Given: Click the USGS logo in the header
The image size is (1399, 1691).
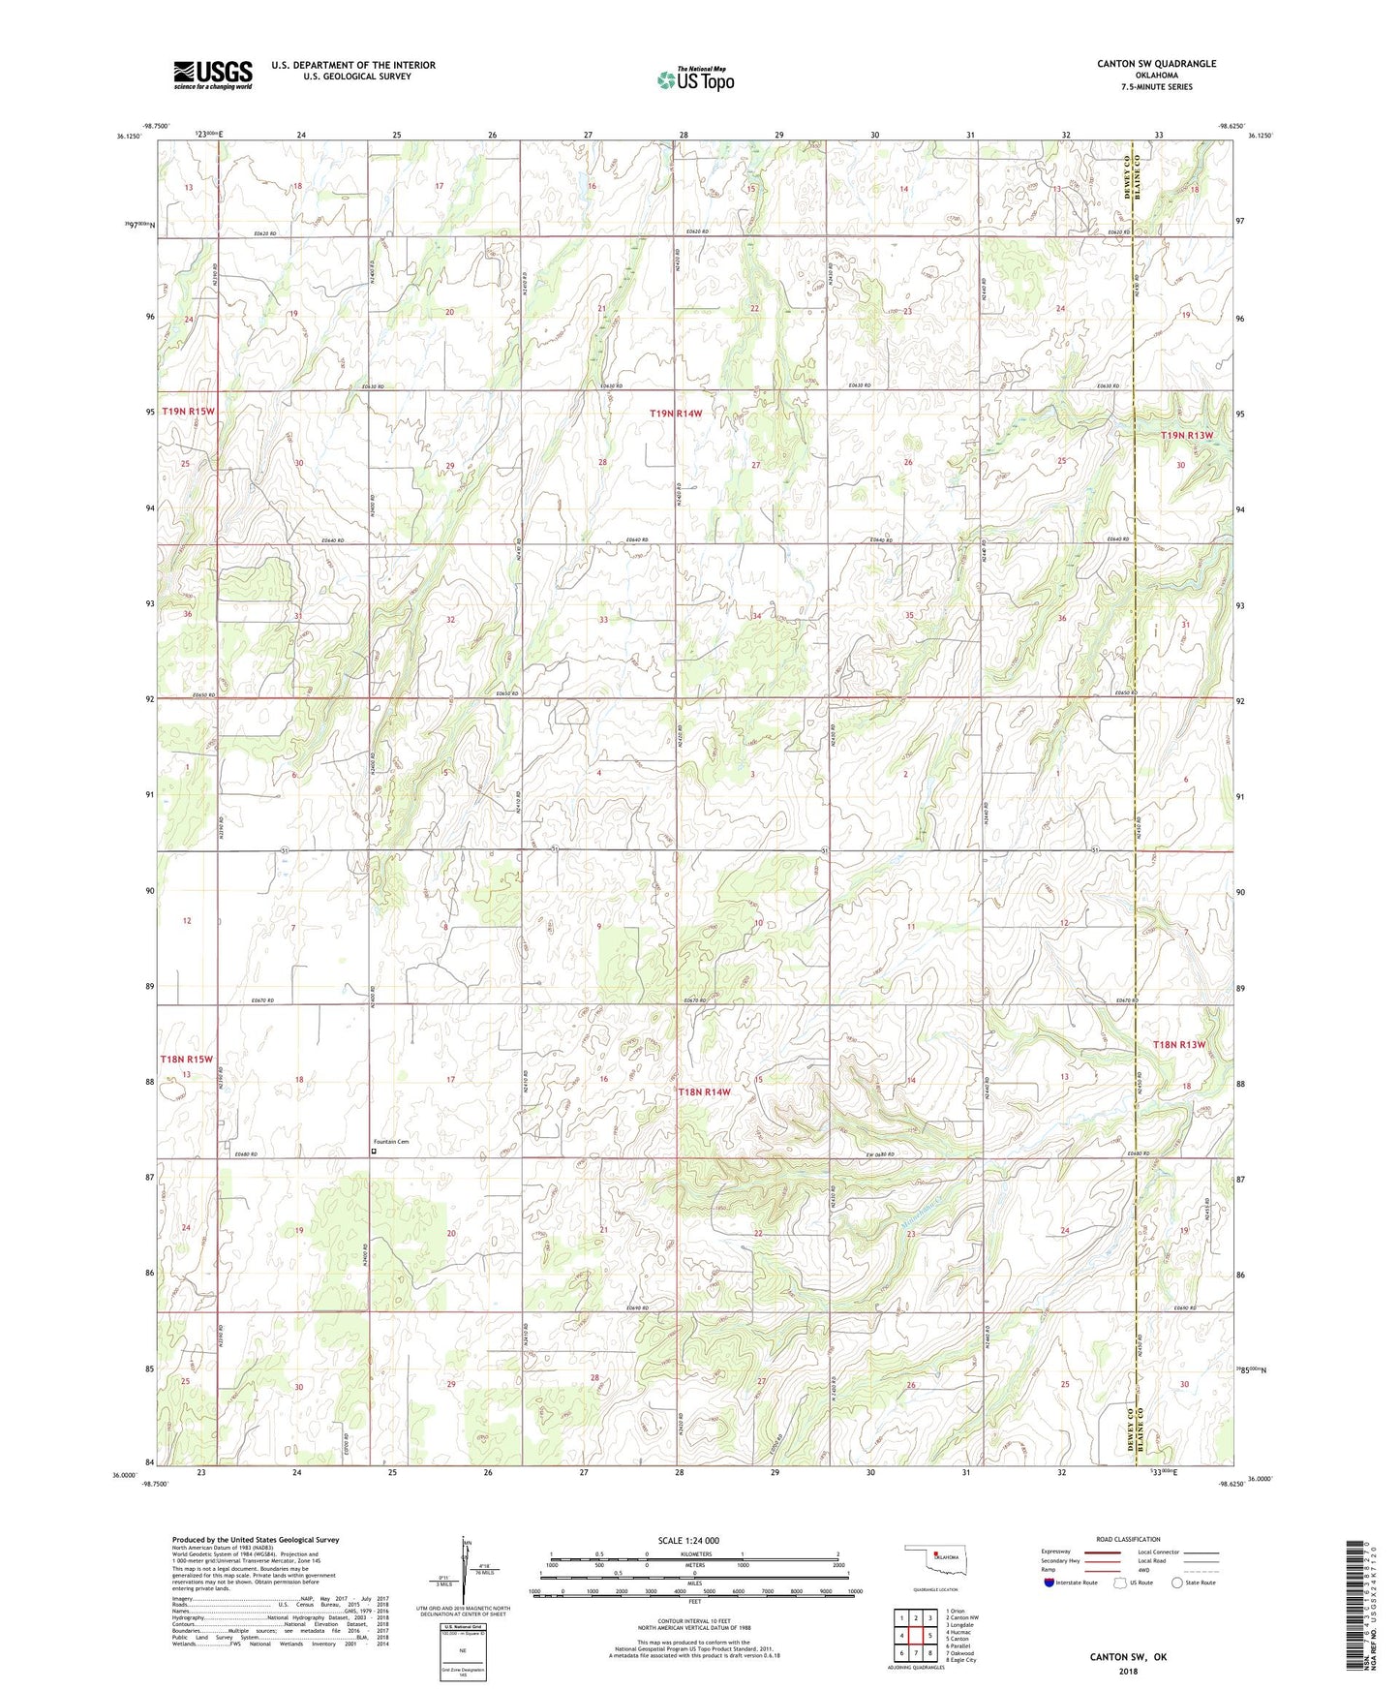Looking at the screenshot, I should [213, 75].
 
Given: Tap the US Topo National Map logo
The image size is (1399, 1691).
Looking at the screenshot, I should [695, 78].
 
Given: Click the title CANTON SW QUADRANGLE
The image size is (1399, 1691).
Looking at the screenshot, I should [1156, 64].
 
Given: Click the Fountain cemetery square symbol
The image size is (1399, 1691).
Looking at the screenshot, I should [375, 1152].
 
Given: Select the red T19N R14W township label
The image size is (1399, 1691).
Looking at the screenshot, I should [675, 414].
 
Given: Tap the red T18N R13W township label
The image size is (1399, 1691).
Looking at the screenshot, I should [1179, 1044].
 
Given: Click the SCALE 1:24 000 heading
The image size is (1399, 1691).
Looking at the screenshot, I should [688, 1541].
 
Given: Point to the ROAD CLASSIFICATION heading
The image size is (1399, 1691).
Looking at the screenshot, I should [1128, 1539].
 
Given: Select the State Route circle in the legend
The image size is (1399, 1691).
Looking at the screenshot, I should [1177, 1583].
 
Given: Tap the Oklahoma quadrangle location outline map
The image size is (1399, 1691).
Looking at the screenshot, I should [934, 1561].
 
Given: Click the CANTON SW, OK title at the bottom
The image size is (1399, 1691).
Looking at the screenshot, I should [1128, 1657].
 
